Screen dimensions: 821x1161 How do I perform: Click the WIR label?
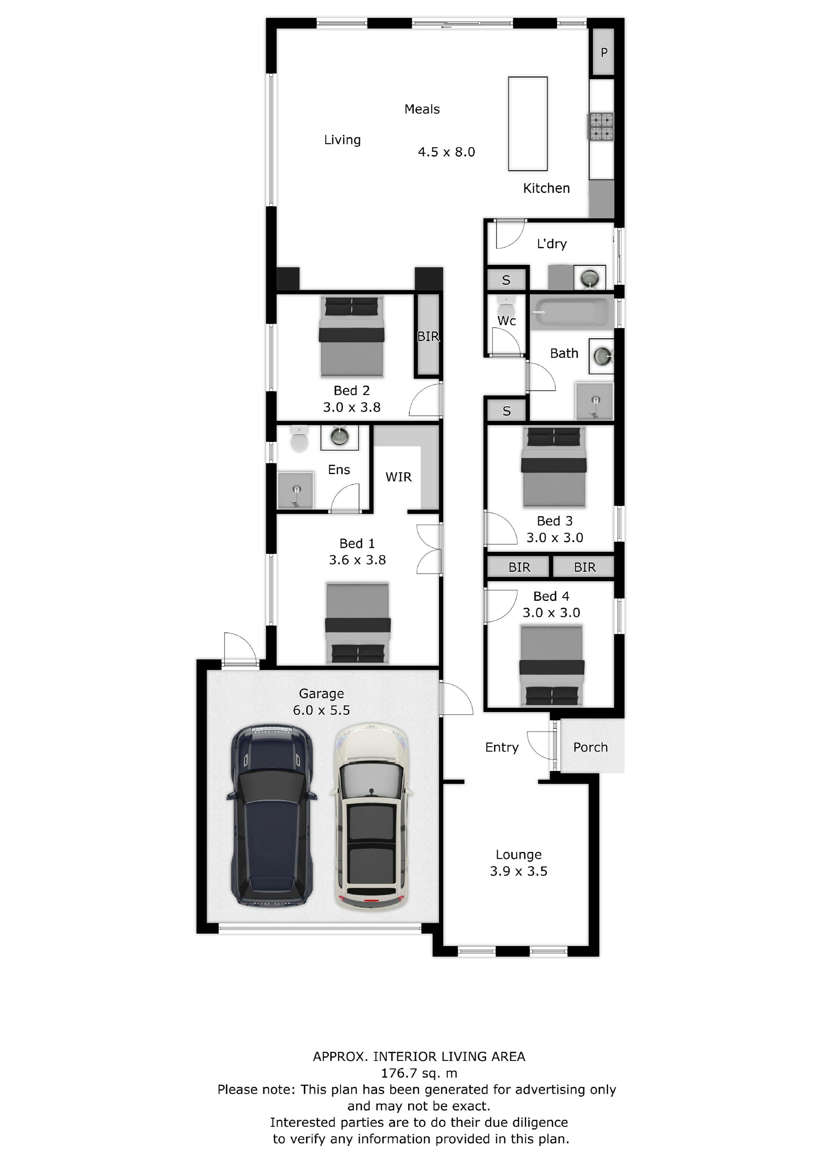click(x=399, y=477)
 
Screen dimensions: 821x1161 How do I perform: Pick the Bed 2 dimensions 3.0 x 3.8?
click(x=352, y=407)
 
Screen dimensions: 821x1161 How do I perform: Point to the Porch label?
click(x=590, y=747)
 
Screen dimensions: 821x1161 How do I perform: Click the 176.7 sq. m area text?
click(x=419, y=1073)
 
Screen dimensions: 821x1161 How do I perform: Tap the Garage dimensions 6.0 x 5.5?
click(x=321, y=710)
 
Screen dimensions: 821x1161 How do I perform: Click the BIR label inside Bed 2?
click(x=428, y=336)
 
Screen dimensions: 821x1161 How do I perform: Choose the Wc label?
click(x=507, y=320)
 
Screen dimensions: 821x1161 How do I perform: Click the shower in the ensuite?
click(x=296, y=490)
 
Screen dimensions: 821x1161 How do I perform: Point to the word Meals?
click(x=422, y=109)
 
